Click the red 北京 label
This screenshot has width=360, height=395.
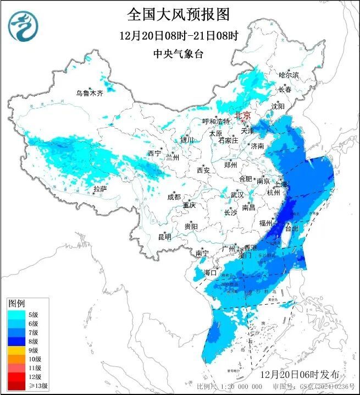(242, 116)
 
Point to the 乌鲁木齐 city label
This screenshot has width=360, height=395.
(89, 93)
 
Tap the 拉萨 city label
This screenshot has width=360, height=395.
(99, 189)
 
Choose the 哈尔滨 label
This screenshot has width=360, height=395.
(289, 75)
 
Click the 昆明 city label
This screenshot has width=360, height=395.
(164, 237)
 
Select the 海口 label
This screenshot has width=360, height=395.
(211, 272)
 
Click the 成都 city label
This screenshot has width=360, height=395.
(174, 196)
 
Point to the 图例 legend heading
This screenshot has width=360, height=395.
(16, 304)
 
